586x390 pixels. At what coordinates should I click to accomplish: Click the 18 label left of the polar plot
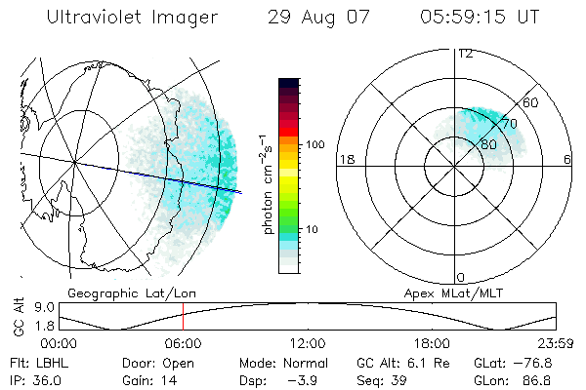(x=345, y=159)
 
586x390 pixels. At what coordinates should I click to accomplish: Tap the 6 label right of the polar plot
(x=568, y=159)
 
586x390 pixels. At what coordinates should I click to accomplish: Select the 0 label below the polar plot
(x=461, y=278)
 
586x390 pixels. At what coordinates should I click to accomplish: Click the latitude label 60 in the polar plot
(x=531, y=102)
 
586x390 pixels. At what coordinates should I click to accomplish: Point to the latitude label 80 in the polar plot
(x=488, y=144)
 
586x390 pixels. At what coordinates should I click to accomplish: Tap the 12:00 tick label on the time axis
(x=308, y=343)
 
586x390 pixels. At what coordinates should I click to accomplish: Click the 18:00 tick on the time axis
(x=432, y=343)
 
